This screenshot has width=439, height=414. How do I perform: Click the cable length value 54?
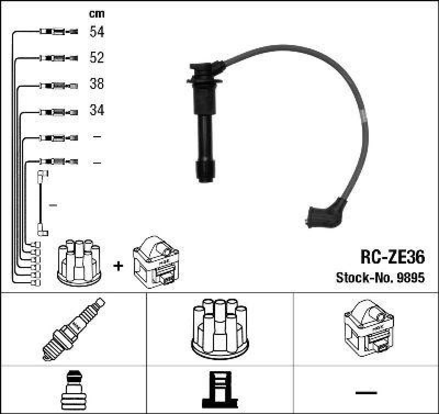point(97,32)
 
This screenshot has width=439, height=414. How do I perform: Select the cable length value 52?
point(97,58)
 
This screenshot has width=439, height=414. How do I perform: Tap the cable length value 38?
point(97,85)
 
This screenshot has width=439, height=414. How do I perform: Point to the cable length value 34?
point(97,110)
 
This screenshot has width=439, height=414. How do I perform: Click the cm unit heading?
point(97,13)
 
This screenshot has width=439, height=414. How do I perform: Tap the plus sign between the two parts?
point(118,266)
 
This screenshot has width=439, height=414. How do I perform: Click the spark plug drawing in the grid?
point(73,329)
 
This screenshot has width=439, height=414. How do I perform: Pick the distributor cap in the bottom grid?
point(219,328)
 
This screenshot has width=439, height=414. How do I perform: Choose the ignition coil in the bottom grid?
point(366,328)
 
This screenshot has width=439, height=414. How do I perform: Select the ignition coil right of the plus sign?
point(155,262)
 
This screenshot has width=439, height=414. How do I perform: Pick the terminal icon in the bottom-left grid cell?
point(73,390)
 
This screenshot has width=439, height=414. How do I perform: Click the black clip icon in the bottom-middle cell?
point(219,390)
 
